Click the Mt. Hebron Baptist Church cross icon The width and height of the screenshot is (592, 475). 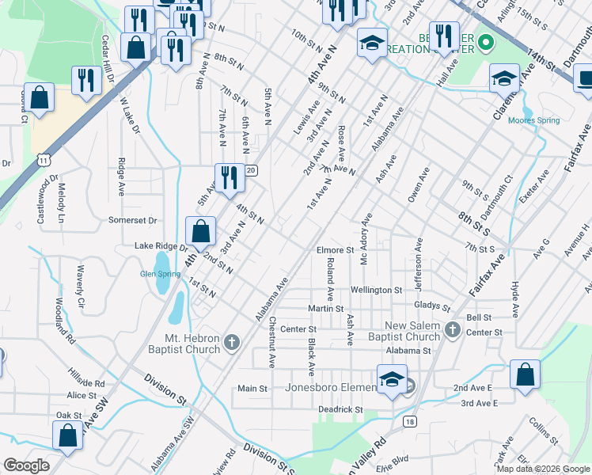pos(231,342)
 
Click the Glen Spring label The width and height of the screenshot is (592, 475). pos(160,274)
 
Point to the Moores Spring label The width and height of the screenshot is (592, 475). pos(533,120)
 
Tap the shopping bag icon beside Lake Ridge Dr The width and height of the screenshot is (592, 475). pos(201,231)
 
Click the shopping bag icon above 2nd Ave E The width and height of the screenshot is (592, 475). pos(526,374)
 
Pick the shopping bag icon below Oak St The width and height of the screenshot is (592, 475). pos(68,435)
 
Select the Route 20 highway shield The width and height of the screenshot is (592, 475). pos(251,170)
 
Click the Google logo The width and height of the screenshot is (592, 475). pos(26,465)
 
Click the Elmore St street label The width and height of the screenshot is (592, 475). pos(335,250)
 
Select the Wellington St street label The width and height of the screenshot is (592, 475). pos(377,290)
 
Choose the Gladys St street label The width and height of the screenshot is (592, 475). pos(431,306)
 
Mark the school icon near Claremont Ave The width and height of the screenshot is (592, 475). pos(504,79)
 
